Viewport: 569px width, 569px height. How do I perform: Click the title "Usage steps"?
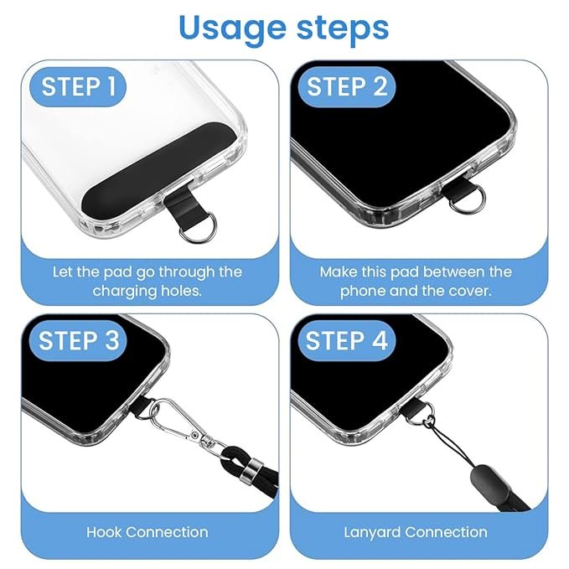[284, 27]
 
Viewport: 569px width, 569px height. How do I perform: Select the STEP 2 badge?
[347, 86]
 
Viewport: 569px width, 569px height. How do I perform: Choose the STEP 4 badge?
[347, 341]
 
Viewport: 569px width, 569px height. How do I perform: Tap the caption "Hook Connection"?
[147, 532]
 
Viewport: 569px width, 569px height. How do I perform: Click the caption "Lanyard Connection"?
[416, 532]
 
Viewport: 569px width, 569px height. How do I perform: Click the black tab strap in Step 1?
[181, 209]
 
